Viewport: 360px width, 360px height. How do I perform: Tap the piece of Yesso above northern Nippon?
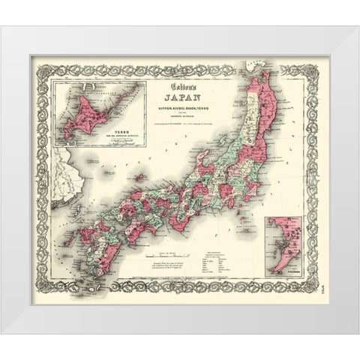tap(254, 64)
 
